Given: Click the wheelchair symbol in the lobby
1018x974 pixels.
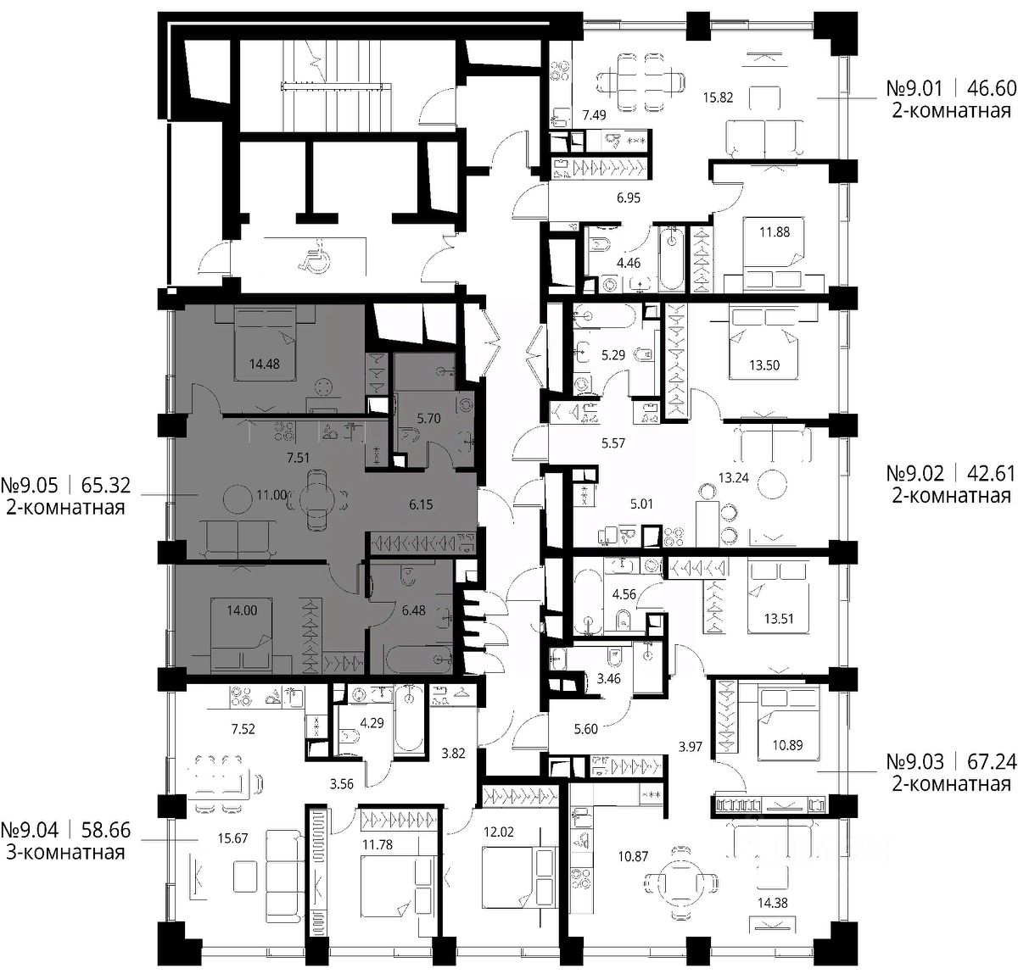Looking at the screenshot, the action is coord(312,256).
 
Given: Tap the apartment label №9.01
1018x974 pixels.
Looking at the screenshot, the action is coord(915,88).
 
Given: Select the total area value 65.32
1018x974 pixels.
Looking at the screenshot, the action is coord(106,485).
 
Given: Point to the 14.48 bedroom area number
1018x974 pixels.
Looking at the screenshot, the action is coord(264,364).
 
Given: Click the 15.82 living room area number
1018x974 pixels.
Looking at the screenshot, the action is coord(718,97).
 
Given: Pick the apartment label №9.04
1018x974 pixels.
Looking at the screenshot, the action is coord(30,830).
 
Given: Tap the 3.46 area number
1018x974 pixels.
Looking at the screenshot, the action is coord(608,680).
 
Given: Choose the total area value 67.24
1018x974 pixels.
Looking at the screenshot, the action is coord(992,761).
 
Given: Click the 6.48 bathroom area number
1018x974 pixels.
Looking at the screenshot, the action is coord(413,610).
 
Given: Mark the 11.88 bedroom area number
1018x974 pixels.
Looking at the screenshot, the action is coord(775,231).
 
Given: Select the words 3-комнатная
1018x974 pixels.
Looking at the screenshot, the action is coord(66,852).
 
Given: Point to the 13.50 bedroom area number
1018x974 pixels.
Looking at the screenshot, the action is coord(764,365).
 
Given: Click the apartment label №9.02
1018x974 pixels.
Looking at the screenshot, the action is coord(915,473).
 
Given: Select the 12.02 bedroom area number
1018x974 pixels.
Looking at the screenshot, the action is coord(499,832).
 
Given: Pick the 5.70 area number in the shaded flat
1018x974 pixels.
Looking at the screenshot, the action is coord(428,418).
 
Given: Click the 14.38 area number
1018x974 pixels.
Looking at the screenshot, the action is coord(773,903).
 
